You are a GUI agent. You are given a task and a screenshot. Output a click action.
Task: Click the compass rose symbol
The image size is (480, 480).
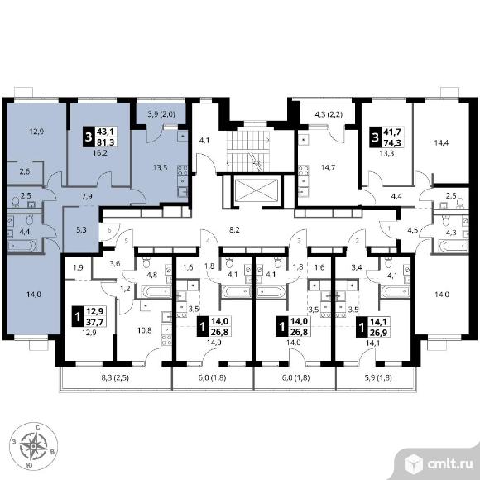click(33, 446)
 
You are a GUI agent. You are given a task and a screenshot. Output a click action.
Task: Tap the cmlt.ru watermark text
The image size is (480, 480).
click(450, 464)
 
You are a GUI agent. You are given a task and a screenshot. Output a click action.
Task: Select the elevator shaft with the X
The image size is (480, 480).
click(256, 190)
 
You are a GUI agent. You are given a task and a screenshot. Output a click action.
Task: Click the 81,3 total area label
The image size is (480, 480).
click(105, 142)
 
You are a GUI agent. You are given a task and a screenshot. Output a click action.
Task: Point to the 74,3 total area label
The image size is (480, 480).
click(391, 142)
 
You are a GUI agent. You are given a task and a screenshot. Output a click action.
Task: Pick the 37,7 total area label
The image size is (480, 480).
click(94, 321)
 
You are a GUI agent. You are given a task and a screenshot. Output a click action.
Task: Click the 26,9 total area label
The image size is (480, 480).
click(379, 332)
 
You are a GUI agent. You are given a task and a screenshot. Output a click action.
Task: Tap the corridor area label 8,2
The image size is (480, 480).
click(234, 229)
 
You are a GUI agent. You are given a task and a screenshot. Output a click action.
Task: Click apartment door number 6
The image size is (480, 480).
click(108, 230)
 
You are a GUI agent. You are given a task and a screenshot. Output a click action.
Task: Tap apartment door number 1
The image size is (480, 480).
click(389, 228)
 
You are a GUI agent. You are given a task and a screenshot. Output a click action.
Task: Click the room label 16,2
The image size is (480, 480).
click(100, 153)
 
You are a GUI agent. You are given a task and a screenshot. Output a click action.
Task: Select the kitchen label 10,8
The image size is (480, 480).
click(144, 330)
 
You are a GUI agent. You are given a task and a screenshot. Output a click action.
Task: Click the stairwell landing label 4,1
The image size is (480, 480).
click(204, 141)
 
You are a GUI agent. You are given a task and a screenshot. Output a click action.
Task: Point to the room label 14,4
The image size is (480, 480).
click(441, 142)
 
